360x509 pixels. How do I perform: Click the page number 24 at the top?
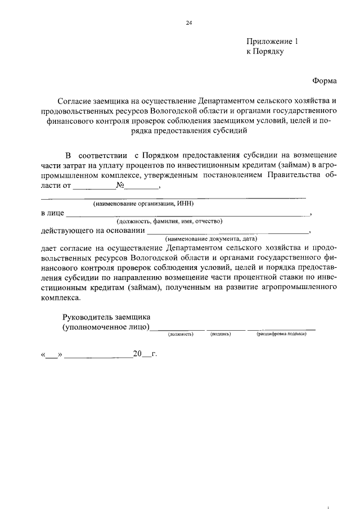188,22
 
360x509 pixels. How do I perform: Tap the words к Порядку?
265,52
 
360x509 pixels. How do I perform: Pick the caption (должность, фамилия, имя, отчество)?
169,222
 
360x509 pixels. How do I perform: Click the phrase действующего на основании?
92,231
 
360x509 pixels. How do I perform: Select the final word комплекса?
61,299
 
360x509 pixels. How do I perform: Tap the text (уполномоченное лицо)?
105,327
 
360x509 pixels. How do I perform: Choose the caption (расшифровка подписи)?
281,334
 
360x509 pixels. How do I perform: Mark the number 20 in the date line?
137,354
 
